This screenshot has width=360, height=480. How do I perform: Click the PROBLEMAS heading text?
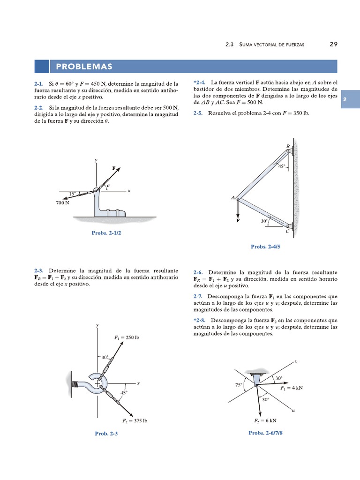click(84, 67)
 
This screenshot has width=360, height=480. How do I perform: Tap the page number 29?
click(333, 44)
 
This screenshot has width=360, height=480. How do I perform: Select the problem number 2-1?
click(38, 83)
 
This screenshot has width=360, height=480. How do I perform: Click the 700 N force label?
click(63, 203)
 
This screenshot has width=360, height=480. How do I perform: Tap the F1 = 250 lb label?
click(127, 337)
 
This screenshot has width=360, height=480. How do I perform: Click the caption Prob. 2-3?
click(106, 434)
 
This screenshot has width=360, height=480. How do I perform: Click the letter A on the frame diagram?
click(233, 198)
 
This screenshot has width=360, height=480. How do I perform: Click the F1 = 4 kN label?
click(292, 388)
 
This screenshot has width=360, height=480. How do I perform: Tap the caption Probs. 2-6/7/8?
click(266, 433)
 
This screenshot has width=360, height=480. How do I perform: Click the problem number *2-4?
click(200, 82)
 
